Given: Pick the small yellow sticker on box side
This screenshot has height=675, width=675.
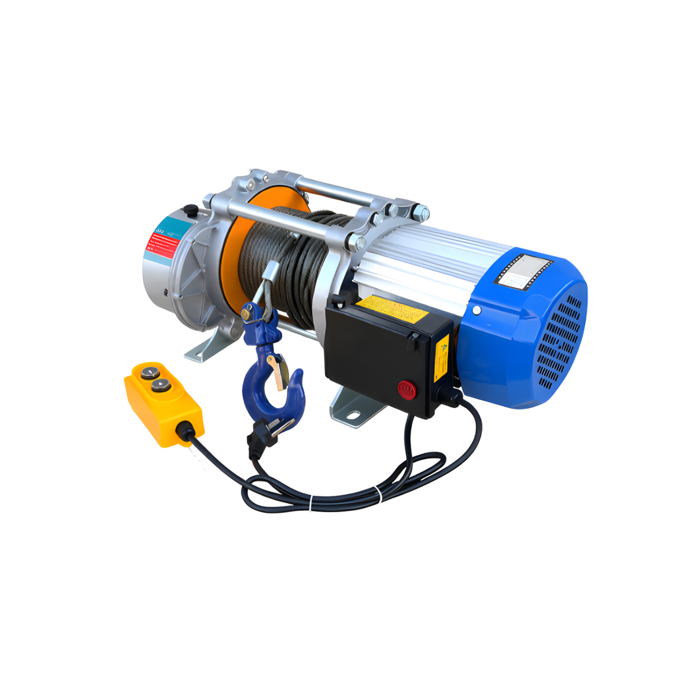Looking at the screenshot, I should point(442,357).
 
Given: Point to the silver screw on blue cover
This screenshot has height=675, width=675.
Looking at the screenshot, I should point(476,310).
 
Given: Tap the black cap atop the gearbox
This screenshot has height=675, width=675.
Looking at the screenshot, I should point(191,212).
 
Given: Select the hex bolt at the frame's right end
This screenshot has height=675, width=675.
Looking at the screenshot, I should point(420,213).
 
